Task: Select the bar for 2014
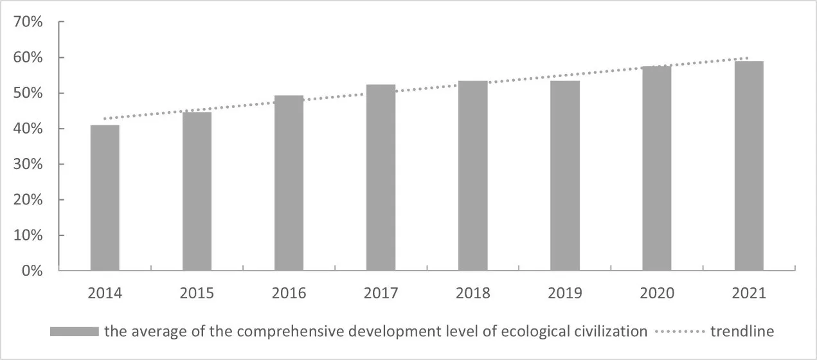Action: click(105, 197)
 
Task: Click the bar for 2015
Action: click(197, 191)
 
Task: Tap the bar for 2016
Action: click(289, 183)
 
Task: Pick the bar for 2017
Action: click(381, 177)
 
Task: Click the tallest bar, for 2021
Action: click(749, 166)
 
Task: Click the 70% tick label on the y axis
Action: click(28, 22)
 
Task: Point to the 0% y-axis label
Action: click(32, 271)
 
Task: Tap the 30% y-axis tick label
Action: click(28, 165)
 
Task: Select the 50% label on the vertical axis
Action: click(28, 93)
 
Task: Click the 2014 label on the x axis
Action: click(105, 294)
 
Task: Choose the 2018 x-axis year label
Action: click(472, 294)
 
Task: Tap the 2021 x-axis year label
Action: click(749, 294)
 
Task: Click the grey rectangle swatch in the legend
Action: click(74, 332)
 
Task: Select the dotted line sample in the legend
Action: click(679, 332)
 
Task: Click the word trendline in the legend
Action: click(742, 332)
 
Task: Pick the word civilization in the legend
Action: click(612, 332)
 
